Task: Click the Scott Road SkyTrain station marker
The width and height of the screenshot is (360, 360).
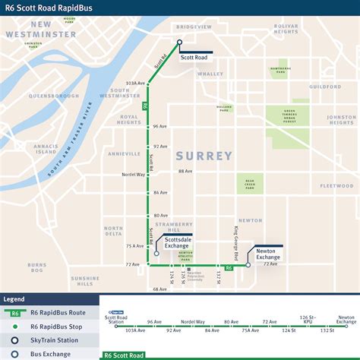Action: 179,43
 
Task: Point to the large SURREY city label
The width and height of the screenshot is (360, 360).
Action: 204,156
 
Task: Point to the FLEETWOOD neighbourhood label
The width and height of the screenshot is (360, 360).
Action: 336,186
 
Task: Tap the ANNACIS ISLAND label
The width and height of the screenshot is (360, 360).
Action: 46,150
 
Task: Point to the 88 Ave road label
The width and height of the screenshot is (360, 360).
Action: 185,171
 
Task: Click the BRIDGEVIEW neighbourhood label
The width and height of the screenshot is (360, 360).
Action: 194,27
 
